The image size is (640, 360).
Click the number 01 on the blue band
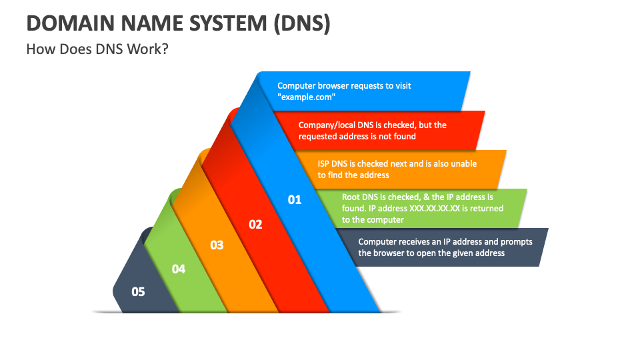[x=294, y=199]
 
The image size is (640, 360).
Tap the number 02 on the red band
[x=255, y=224]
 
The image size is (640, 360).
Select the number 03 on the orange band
[x=217, y=245]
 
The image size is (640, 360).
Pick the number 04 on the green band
[x=179, y=269]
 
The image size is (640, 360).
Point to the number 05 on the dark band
[x=138, y=291]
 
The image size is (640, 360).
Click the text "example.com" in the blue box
[x=307, y=97]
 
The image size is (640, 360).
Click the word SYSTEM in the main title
[x=228, y=23]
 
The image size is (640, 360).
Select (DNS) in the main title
[x=301, y=23]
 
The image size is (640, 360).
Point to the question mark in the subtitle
[x=165, y=49]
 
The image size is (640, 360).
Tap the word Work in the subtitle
[x=144, y=49]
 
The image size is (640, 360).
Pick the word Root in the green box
[x=351, y=197]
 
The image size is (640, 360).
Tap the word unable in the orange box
[x=464, y=164]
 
